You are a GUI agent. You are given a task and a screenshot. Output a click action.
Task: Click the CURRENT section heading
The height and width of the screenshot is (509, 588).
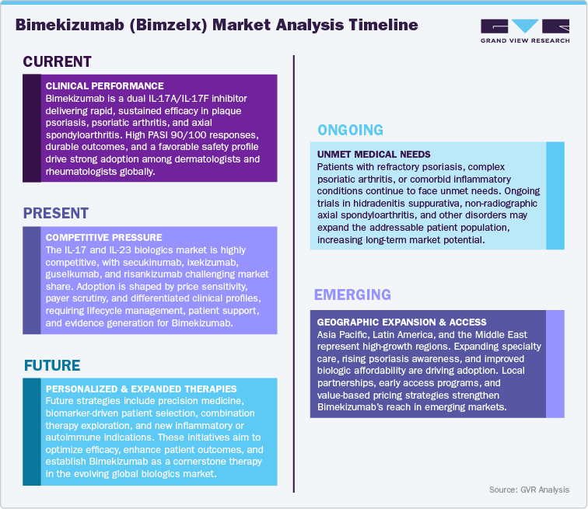click(58, 62)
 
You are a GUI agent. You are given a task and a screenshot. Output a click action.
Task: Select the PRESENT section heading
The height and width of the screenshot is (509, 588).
click(56, 213)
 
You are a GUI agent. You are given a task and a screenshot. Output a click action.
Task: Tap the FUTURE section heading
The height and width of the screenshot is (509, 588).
click(53, 365)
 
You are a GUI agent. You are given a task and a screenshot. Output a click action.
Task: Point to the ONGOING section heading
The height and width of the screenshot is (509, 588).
click(350, 130)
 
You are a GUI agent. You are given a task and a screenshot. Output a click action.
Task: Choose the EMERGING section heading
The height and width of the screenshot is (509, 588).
click(352, 295)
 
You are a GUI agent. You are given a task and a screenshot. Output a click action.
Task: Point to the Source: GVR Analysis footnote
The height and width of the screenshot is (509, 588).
click(529, 490)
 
